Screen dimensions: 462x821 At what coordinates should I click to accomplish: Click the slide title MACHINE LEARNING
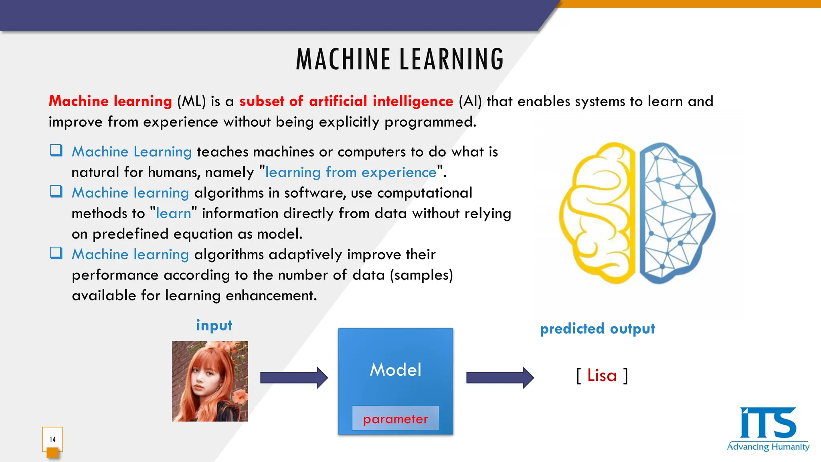point(400,59)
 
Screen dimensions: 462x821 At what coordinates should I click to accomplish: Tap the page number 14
point(53,440)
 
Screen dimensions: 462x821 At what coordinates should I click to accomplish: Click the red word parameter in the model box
point(395,419)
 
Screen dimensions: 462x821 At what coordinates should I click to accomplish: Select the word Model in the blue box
point(395,370)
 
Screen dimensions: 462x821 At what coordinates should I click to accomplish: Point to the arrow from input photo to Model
point(294,378)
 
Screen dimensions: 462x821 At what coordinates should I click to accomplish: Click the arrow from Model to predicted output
point(499,378)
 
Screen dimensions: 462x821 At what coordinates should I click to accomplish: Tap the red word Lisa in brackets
point(602,376)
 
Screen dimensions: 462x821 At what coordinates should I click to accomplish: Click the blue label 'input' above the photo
point(214,325)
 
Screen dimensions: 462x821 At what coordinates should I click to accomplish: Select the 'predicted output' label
point(597,329)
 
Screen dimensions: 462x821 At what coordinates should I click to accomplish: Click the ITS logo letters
point(767,423)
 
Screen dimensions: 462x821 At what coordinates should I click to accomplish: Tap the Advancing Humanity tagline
point(768,447)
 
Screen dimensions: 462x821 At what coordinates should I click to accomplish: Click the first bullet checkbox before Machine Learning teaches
point(56,150)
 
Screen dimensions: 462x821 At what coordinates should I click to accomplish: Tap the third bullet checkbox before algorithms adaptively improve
point(56,253)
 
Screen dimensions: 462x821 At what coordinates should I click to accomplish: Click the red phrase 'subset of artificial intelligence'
point(346,101)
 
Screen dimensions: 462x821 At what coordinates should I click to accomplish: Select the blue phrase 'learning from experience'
point(351,172)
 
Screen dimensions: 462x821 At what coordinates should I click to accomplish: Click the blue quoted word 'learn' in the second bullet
point(173,213)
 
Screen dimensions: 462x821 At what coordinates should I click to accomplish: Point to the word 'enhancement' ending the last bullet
point(271,296)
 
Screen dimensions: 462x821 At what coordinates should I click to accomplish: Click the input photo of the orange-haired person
point(210,381)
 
